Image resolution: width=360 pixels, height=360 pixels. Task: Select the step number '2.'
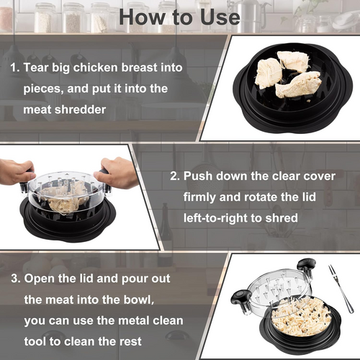pos(174,175)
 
